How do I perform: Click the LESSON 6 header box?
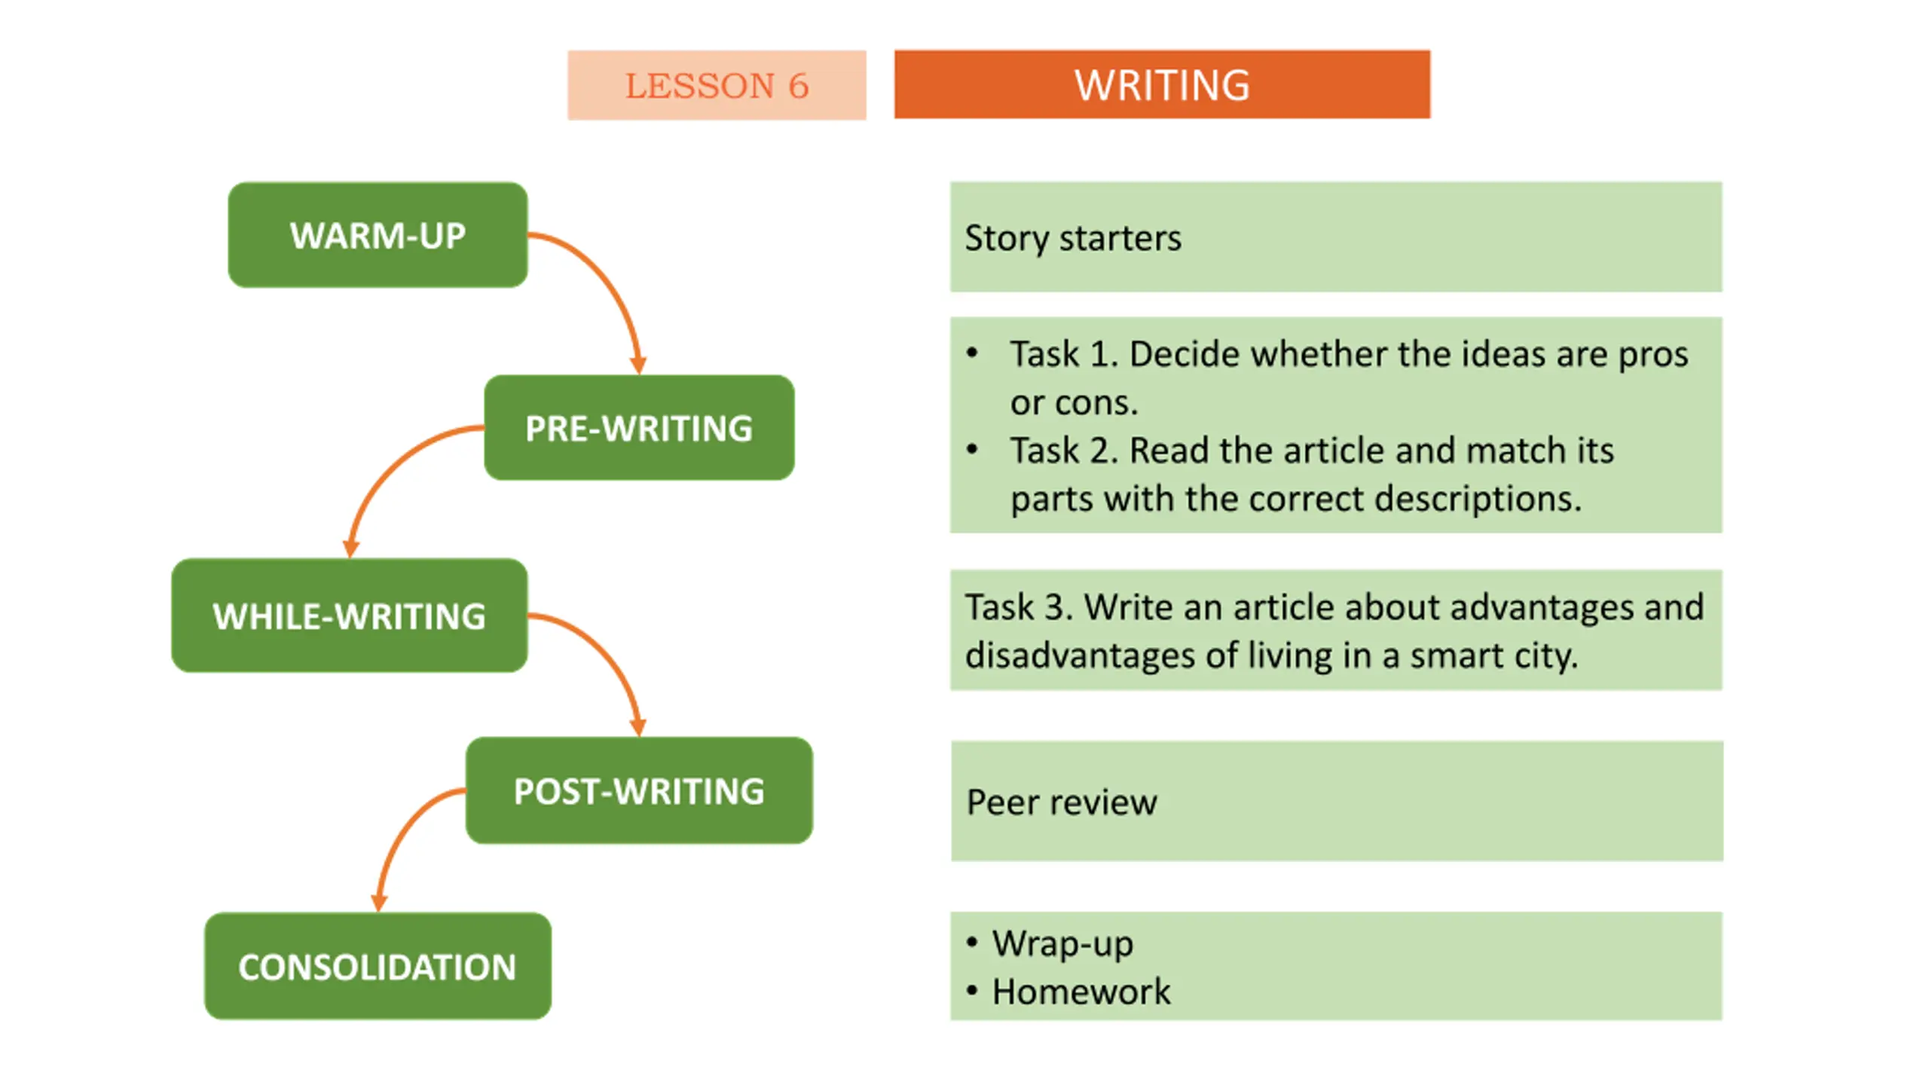(x=716, y=85)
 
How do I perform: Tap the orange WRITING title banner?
(x=1161, y=84)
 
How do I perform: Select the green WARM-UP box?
(x=378, y=235)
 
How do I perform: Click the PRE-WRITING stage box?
(x=638, y=428)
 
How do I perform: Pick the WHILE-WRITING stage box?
(x=349, y=616)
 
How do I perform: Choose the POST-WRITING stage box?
(x=638, y=790)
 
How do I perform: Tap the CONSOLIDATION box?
(x=378, y=967)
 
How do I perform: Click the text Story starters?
(x=1072, y=239)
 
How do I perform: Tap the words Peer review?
(x=1061, y=802)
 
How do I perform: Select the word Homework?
(x=1081, y=992)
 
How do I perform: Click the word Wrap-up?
(x=1062, y=944)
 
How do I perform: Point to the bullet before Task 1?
(x=972, y=353)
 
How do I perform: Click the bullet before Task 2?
(x=972, y=450)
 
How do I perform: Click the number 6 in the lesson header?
(x=798, y=86)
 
